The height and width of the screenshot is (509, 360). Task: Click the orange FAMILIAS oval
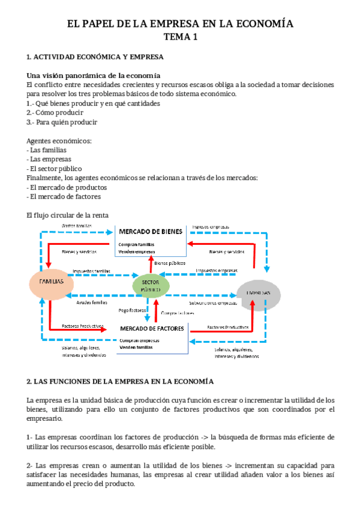tap(51, 282)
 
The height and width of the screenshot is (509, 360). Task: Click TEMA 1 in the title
tap(180, 38)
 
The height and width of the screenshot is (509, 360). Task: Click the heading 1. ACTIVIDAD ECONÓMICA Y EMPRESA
tap(95, 58)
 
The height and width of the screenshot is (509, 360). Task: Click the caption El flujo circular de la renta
tap(68, 215)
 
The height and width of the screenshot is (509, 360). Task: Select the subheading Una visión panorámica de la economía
tap(93, 76)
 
